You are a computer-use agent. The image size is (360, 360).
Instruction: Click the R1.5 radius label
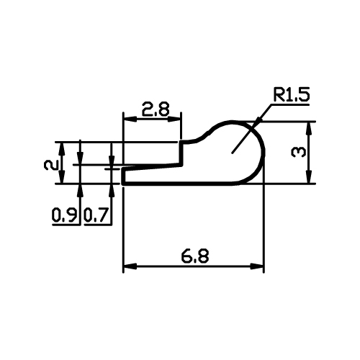pyautogui.click(x=291, y=94)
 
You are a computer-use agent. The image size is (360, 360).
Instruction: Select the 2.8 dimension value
pyautogui.click(x=156, y=109)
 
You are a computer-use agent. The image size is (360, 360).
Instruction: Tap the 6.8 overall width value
pyautogui.click(x=195, y=256)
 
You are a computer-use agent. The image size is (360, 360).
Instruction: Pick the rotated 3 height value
pyautogui.click(x=299, y=153)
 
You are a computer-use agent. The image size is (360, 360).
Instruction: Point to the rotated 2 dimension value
pyautogui.click(x=51, y=166)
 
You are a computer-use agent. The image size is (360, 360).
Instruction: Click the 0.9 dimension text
pyautogui.click(x=65, y=215)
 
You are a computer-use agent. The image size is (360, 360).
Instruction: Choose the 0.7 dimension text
pyautogui.click(x=96, y=215)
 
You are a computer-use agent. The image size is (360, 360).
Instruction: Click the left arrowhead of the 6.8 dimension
pyautogui.click(x=130, y=266)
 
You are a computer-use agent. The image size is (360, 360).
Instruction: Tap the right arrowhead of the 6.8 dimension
pyautogui.click(x=257, y=266)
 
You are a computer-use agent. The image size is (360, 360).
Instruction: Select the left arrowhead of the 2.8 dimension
pyautogui.click(x=130, y=119)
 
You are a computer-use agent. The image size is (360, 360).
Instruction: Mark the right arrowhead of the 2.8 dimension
pyautogui.click(x=174, y=119)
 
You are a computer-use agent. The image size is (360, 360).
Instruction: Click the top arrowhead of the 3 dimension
pyautogui.click(x=309, y=129)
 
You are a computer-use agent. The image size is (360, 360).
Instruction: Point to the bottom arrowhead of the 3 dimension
pyautogui.click(x=309, y=177)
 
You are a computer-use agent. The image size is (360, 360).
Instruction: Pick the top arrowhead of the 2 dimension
pyautogui.click(x=62, y=149)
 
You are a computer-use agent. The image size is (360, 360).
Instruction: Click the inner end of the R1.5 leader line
pyautogui.click(x=232, y=153)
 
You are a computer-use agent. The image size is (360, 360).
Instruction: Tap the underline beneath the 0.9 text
pyautogui.click(x=66, y=225)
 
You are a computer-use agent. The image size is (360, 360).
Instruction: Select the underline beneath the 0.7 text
pyautogui.click(x=98, y=225)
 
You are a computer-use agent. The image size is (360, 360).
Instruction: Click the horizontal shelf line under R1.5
pyautogui.click(x=290, y=104)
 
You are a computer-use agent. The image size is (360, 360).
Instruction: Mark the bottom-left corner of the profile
pyautogui.click(x=123, y=184)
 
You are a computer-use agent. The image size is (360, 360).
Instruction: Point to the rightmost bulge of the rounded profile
pyautogui.click(x=264, y=153)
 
